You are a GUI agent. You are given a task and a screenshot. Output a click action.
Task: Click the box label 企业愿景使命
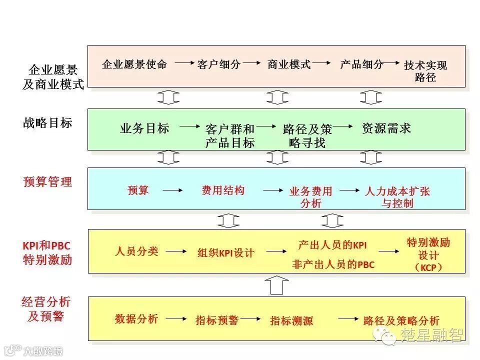pyautogui.click(x=134, y=64)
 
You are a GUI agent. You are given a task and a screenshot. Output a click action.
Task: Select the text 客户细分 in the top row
pyautogui.click(x=219, y=64)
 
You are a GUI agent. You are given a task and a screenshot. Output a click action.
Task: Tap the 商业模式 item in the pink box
pyautogui.click(x=289, y=64)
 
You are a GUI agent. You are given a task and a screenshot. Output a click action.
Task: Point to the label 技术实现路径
pyautogui.click(x=425, y=71)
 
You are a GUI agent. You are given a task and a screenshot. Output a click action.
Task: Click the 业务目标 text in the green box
pyautogui.click(x=144, y=128)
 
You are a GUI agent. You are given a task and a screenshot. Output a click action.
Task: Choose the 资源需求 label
pyautogui.click(x=386, y=128)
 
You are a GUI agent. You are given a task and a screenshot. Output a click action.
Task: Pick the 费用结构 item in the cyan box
pyautogui.click(x=223, y=190)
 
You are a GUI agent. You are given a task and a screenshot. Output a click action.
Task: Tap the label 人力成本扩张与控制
pyautogui.click(x=397, y=197)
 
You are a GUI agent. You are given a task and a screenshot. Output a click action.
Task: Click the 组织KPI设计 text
pyautogui.click(x=225, y=253)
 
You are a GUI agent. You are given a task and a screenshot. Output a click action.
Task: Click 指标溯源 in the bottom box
pyautogui.click(x=291, y=320)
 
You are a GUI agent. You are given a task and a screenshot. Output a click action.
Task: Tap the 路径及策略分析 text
pyautogui.click(x=401, y=320)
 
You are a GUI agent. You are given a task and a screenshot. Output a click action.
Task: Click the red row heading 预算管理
pyautogui.click(x=47, y=182)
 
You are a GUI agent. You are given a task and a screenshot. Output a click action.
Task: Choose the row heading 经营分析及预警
pyautogui.click(x=46, y=309)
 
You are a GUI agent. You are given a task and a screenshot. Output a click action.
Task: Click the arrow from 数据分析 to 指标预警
pyautogui.click(x=176, y=318)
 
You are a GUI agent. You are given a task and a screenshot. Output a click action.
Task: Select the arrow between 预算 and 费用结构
pyautogui.click(x=172, y=190)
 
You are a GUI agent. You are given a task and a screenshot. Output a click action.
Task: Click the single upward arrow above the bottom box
pyautogui.click(x=276, y=285)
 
